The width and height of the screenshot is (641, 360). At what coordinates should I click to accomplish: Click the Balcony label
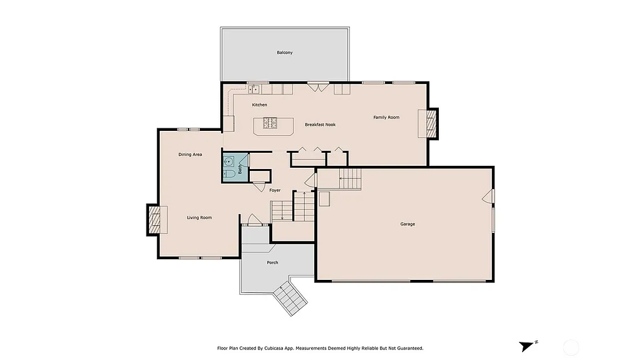click(285, 53)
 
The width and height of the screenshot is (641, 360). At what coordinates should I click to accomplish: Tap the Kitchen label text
click(259, 105)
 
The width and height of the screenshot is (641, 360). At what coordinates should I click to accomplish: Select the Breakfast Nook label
click(320, 125)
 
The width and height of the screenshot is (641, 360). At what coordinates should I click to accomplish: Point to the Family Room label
click(386, 117)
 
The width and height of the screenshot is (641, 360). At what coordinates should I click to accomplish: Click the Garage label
click(408, 224)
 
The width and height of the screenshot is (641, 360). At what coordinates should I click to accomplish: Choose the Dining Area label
click(190, 154)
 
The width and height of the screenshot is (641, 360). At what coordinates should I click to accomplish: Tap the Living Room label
click(199, 218)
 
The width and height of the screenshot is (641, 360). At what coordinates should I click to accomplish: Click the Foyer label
click(275, 190)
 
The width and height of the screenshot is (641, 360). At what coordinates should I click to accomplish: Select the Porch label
click(272, 262)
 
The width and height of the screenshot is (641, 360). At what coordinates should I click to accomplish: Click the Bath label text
click(240, 168)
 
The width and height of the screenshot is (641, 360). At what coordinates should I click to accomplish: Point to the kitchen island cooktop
click(270, 125)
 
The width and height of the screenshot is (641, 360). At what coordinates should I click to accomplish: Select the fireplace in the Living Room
click(154, 219)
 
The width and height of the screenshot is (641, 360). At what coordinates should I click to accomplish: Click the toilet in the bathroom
click(229, 173)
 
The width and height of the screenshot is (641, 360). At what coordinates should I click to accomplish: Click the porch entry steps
click(291, 298)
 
